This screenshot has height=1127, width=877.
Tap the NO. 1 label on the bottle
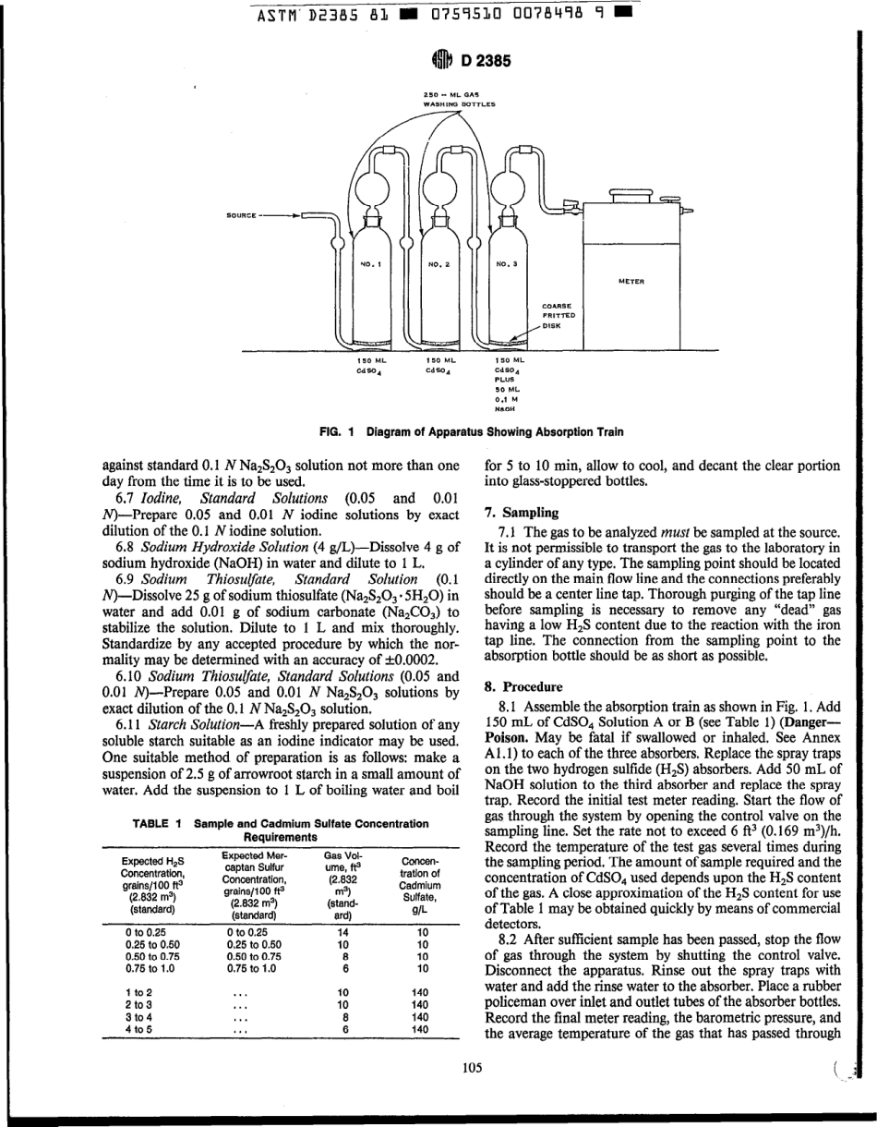370,263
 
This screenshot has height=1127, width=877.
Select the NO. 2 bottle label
438,263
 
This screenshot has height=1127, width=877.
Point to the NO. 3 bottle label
507,263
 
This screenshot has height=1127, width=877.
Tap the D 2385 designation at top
481,62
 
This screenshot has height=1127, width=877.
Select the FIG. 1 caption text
471,431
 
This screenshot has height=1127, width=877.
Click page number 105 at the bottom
473,1068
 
